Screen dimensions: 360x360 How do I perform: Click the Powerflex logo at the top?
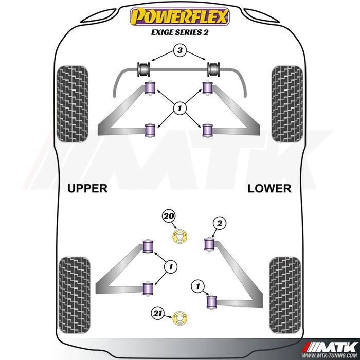[x=179, y=17]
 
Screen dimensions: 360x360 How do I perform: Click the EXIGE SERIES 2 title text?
[x=179, y=32]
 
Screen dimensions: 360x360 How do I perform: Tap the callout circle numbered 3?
[x=179, y=50]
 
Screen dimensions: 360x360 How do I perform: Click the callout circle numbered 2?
[x=220, y=223]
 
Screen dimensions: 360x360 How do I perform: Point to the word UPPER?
[x=87, y=188]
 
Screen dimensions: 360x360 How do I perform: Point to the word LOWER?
[x=269, y=188]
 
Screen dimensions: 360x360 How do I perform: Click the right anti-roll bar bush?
[x=215, y=68]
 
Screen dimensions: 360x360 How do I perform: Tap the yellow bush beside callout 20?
[x=180, y=238]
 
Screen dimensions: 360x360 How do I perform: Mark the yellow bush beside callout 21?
[x=180, y=319]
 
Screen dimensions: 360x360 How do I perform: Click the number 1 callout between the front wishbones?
[x=180, y=109]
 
